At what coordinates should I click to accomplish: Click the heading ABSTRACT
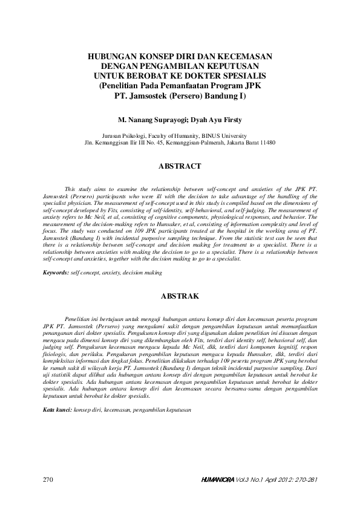(x=180, y=166)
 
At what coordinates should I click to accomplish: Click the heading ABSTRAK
(x=180, y=297)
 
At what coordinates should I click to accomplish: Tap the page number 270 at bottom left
(x=49, y=479)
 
